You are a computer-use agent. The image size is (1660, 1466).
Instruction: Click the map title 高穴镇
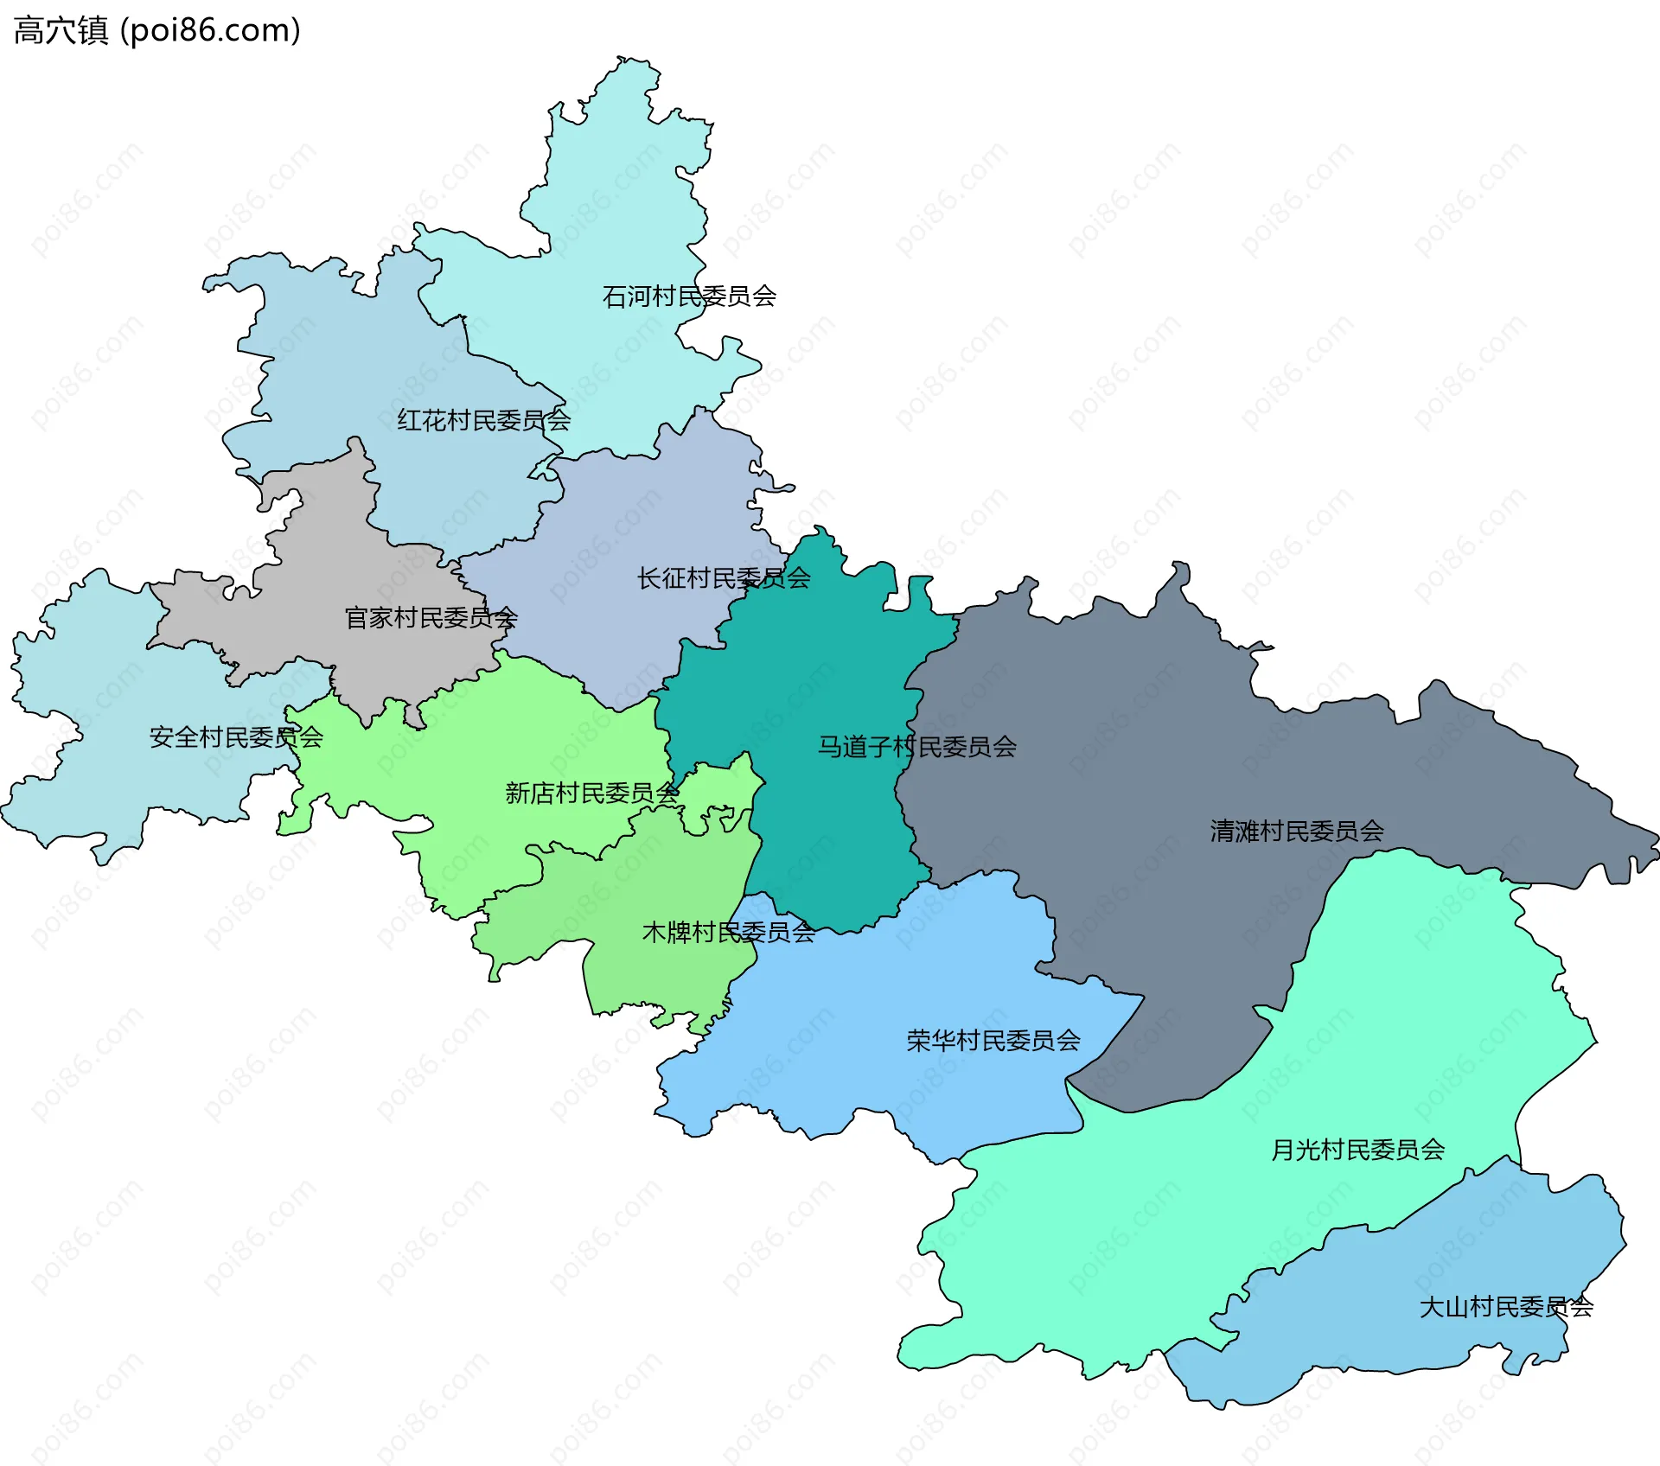(61, 30)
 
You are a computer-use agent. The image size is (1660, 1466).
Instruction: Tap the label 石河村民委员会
(689, 296)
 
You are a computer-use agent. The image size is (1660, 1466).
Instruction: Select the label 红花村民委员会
(483, 421)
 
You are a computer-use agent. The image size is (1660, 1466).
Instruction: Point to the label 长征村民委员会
(724, 578)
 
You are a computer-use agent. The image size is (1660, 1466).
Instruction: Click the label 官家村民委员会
(431, 618)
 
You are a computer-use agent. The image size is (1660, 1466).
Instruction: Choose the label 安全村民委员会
(236, 737)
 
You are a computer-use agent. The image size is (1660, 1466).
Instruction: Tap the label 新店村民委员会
(592, 793)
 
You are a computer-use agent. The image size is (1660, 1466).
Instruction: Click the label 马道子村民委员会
(916, 747)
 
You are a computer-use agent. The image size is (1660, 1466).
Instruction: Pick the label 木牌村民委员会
(728, 933)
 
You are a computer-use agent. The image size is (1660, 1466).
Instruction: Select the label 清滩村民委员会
(1296, 832)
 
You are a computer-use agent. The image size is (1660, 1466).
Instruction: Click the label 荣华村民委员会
(993, 1041)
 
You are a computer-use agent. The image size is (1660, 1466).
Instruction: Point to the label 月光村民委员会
(1357, 1150)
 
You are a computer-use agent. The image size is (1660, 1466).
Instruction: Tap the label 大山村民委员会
(1505, 1307)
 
